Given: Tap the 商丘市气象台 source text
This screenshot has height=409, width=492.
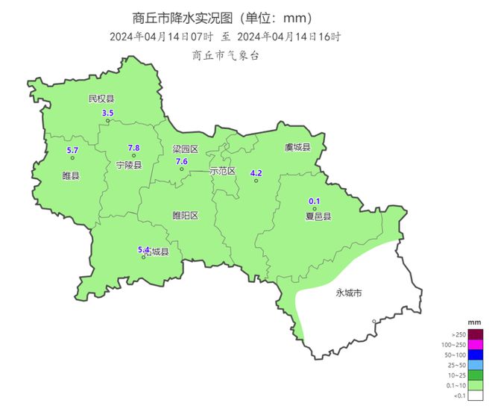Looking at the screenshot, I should click(x=225, y=55).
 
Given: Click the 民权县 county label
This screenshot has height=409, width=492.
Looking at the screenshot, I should click(x=101, y=99).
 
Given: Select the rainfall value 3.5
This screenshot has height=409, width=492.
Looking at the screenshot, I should click(x=107, y=113).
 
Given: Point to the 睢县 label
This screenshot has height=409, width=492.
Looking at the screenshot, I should click(x=72, y=176).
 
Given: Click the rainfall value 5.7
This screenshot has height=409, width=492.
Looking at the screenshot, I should click(x=72, y=151).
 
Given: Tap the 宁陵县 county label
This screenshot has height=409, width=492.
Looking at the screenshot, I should click(x=129, y=164).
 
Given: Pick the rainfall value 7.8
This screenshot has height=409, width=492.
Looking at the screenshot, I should click(x=134, y=148).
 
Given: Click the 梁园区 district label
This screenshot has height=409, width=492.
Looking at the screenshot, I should click(x=186, y=149).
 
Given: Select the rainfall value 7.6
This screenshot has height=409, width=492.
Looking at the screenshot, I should click(x=181, y=161).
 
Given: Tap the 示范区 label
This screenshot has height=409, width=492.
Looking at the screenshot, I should click(x=223, y=171).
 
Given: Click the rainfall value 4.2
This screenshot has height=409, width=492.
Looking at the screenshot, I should click(x=256, y=173).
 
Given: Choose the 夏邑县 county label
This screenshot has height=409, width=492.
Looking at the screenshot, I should click(x=318, y=216).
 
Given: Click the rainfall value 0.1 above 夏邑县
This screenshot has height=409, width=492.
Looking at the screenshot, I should click(x=315, y=201).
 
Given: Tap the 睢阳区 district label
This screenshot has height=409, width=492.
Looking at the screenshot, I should click(x=186, y=216).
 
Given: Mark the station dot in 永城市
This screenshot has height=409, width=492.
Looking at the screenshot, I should click(x=374, y=322).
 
